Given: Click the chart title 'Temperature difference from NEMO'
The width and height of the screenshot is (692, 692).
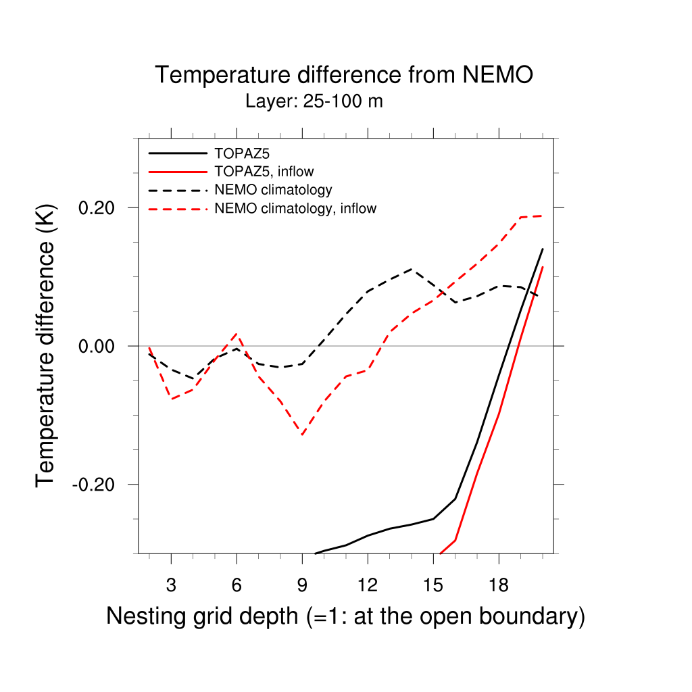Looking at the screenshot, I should click(x=344, y=74).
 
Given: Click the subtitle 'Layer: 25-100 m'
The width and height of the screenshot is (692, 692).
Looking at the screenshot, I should click(x=314, y=102).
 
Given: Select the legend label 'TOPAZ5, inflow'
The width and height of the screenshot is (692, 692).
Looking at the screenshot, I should click(x=264, y=171).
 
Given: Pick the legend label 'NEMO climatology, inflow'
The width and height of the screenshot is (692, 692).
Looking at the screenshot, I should click(x=295, y=208).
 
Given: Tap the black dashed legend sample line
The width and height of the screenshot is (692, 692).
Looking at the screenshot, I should click(x=177, y=190).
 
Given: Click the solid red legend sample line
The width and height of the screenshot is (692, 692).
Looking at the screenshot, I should click(x=177, y=171).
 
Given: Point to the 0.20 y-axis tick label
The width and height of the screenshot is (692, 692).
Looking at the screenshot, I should click(x=98, y=207).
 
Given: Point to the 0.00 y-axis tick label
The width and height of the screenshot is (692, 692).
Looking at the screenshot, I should click(x=98, y=346).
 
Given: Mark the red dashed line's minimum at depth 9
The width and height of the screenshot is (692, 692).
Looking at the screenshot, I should click(x=302, y=435).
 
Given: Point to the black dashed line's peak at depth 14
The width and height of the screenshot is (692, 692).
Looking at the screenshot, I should click(x=412, y=269).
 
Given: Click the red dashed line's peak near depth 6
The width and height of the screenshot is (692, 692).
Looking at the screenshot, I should click(x=236, y=334).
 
